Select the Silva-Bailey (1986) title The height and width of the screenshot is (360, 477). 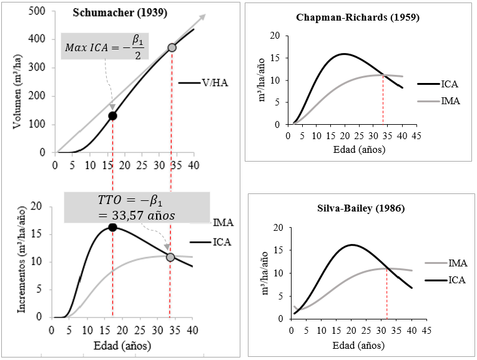coord(357,208)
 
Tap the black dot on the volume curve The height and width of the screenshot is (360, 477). coord(112,115)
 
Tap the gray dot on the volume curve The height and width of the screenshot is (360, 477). coord(172,47)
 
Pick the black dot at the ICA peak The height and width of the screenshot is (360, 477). coord(112,227)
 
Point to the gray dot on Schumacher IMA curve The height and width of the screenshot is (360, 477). coord(170,257)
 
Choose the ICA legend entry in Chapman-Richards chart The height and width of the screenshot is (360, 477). coord(450,84)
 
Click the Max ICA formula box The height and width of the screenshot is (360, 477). coord(106,47)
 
